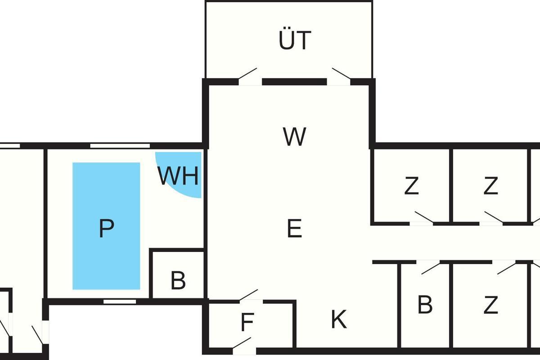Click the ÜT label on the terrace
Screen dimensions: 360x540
coord(295,40)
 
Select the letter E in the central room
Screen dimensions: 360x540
coord(294,229)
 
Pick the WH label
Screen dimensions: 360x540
coord(178,177)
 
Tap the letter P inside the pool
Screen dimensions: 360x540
coord(106,229)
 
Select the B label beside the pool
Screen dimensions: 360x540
coord(178,281)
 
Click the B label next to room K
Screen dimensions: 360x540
coord(425,305)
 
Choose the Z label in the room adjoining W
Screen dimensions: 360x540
coord(411,186)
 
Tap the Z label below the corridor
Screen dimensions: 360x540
coord(490,306)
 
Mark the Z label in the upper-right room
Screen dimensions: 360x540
coord(490,186)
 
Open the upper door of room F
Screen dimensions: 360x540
coord(249,295)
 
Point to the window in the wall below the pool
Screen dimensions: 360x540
coord(120,301)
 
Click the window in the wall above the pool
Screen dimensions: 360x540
coord(120,145)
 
